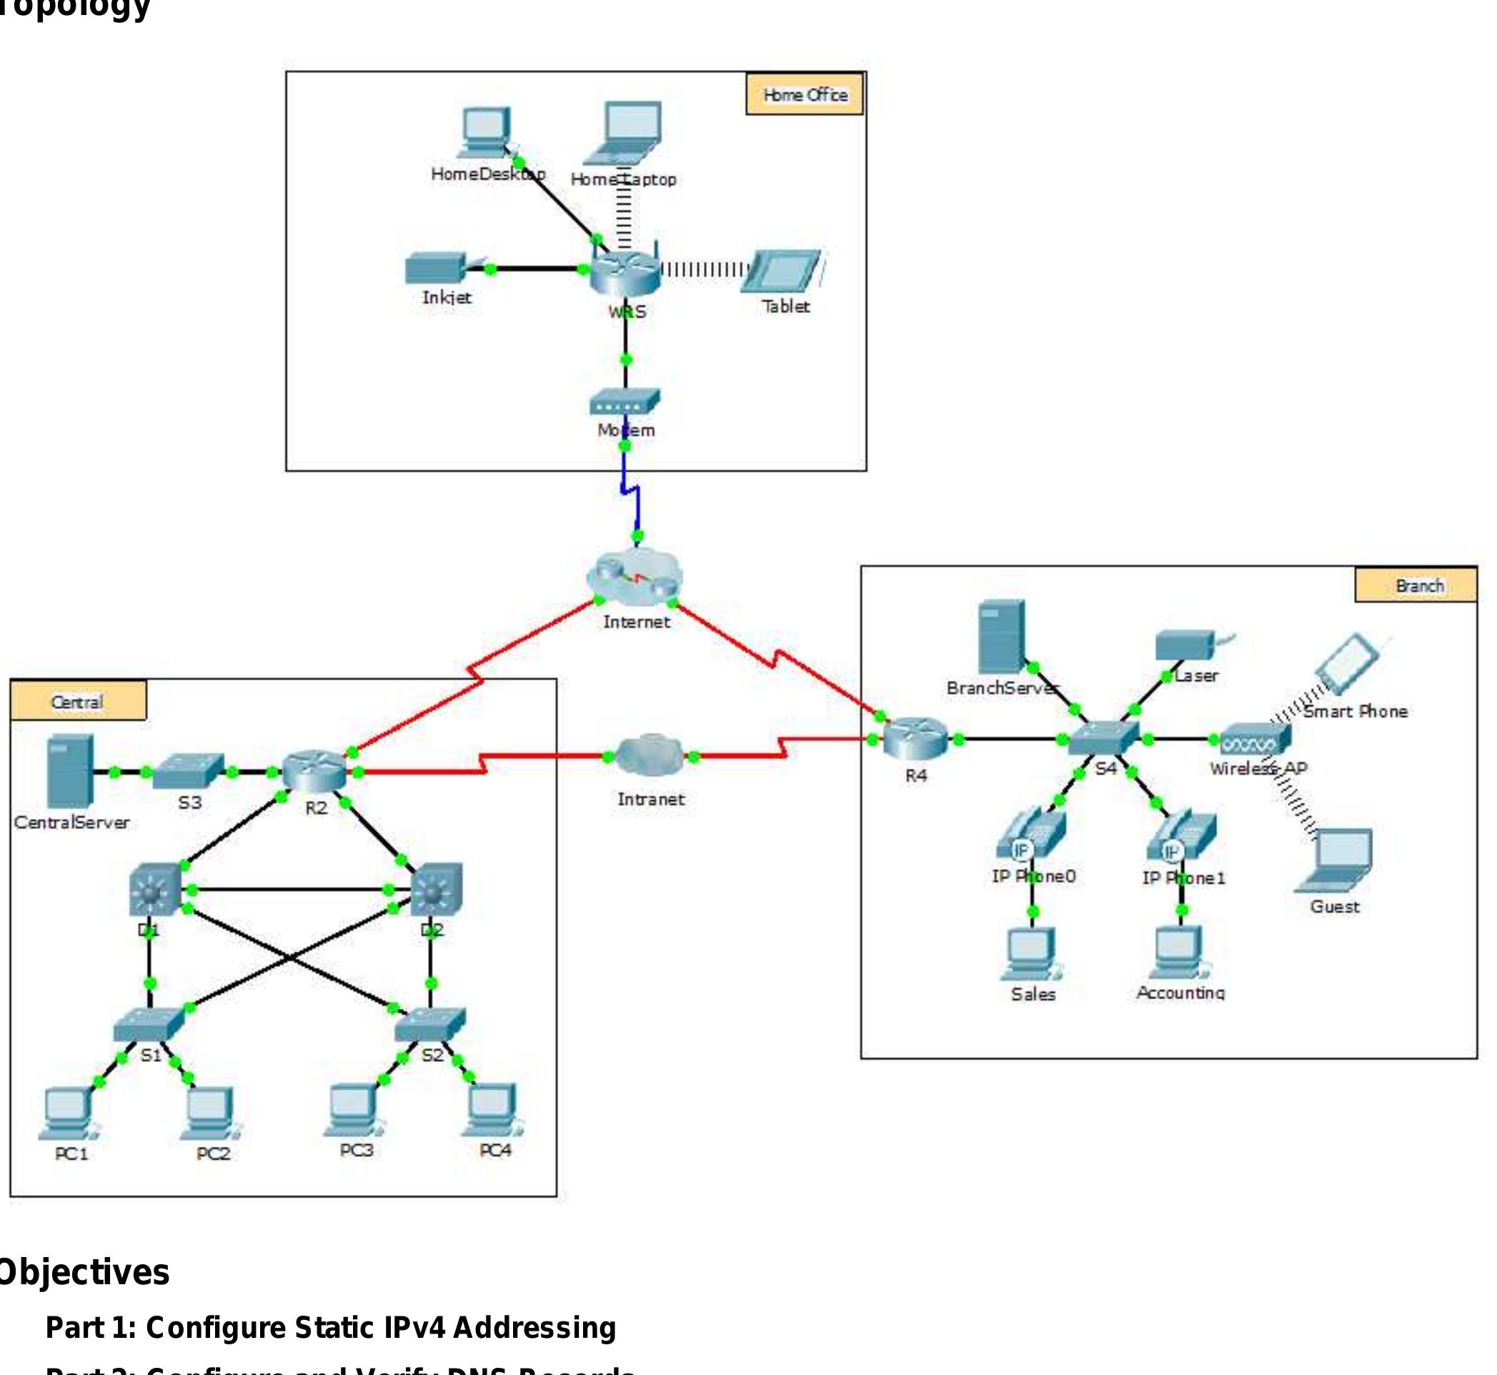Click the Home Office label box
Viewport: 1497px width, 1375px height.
pos(805,94)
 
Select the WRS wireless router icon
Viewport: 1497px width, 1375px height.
pos(625,272)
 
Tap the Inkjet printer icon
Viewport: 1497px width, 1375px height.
pos(436,269)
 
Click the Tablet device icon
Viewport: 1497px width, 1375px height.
pos(782,272)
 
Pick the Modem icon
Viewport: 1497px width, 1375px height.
pos(625,402)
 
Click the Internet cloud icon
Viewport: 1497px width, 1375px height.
pos(635,577)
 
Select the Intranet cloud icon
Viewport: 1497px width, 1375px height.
pos(650,755)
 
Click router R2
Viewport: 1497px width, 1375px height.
pos(314,771)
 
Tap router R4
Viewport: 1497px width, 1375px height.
pos(915,738)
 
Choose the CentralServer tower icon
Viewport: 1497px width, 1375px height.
pos(69,771)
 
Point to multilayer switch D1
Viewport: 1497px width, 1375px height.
pos(154,890)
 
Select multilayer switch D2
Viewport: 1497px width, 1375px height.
pos(437,889)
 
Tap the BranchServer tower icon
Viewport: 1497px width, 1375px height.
pos(1002,637)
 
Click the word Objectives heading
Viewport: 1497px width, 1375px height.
pos(84,1273)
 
